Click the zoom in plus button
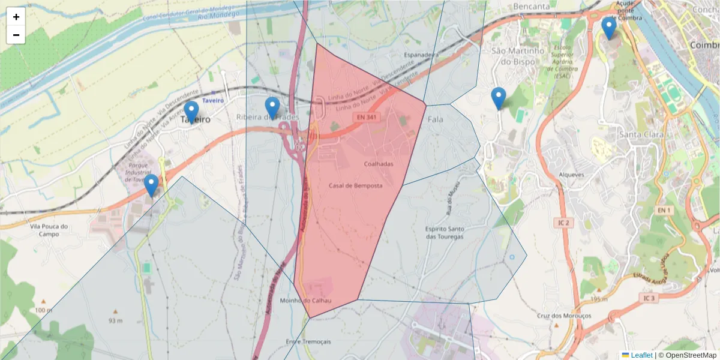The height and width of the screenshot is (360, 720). click(16, 17)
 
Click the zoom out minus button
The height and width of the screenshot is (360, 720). click(16, 35)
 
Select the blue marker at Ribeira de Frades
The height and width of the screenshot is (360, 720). click(272, 107)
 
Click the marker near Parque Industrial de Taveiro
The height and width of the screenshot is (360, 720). click(151, 185)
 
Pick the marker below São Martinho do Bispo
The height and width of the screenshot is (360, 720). click(498, 98)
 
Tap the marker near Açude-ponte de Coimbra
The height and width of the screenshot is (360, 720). click(609, 28)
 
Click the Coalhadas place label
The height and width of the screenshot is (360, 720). click(379, 164)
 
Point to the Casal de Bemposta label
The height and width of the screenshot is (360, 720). click(355, 186)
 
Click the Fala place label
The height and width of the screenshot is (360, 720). click(436, 120)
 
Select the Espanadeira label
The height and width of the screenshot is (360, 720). click(421, 55)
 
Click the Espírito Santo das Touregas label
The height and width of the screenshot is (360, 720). click(444, 232)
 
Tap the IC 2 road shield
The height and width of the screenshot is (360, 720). click(562, 223)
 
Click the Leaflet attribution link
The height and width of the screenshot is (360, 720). click(641, 355)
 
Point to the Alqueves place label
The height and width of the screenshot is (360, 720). click(571, 175)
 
